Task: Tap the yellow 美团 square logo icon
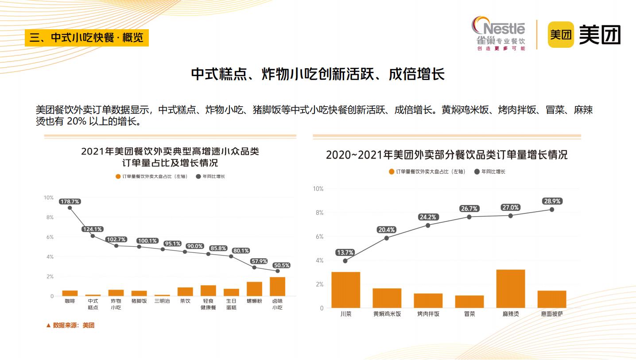coord(561,34)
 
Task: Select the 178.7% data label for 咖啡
coord(70,201)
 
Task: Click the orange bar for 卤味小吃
coord(278,286)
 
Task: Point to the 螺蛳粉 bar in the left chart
coord(254,289)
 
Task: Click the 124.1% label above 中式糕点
coord(93,229)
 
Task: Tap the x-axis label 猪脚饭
coord(139,301)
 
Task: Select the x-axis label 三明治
coord(162,301)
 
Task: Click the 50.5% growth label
coord(281,265)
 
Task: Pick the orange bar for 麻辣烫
coord(510,289)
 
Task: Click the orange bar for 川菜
coord(345,290)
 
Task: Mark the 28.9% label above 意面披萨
coord(552,201)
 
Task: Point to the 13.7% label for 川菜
coord(345,252)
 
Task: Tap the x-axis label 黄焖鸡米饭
coord(387,314)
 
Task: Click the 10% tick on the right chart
coord(318,189)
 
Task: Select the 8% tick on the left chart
coord(49,217)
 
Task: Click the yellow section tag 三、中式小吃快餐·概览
coord(87,38)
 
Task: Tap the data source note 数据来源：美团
coord(70,325)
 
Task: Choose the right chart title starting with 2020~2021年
coord(446,155)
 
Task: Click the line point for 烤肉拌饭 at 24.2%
coord(428,225)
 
